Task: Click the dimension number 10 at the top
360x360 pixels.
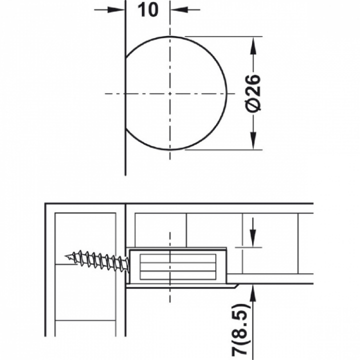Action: pos(148,10)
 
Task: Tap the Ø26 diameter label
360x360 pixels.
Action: pos(253,93)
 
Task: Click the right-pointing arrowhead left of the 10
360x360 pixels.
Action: pos(115,9)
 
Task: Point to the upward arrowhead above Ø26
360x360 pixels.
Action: pos(253,45)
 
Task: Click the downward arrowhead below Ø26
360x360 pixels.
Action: pos(253,140)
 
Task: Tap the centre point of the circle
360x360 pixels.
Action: pos(170,93)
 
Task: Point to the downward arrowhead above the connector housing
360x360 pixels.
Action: pos(253,239)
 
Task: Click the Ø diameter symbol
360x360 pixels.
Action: pos(253,106)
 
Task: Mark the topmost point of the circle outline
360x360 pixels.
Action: pos(170,36)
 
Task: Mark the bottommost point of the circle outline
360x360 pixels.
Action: pos(170,149)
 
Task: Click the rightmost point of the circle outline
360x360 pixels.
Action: pos(227,93)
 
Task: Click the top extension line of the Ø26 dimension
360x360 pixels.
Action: pos(223,36)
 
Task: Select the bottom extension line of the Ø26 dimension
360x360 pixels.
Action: pos(223,149)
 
